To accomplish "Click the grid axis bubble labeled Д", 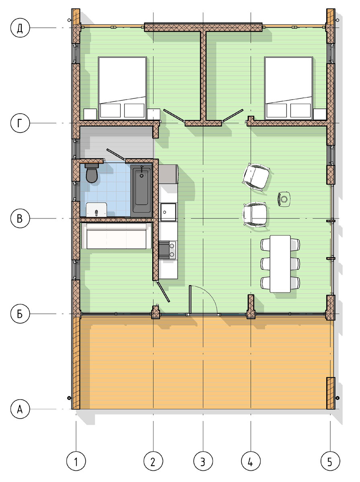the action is click(20, 28).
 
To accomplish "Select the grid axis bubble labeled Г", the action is click(20, 123).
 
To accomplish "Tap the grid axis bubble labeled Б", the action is click(20, 314).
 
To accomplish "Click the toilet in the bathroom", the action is click(91, 173).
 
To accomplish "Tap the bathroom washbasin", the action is click(96, 210).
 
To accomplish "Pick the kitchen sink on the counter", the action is click(168, 212).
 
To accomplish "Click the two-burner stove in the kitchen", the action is click(168, 250).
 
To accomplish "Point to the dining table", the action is click(280, 264).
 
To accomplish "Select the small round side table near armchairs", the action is click(284, 199).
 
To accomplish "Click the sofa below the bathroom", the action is click(117, 236).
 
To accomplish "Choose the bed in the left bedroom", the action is click(122, 88).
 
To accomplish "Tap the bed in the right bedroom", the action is click(288, 88).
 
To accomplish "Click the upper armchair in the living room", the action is click(256, 177).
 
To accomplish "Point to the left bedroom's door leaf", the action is click(174, 115).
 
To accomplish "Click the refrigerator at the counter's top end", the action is click(168, 174).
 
